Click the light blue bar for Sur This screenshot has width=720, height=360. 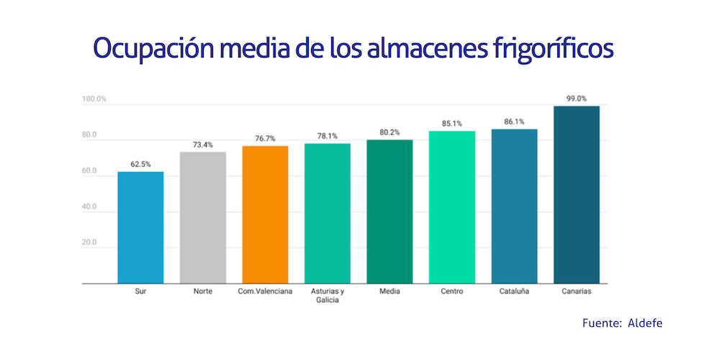pyautogui.click(x=140, y=228)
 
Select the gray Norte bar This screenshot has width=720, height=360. pyautogui.click(x=202, y=217)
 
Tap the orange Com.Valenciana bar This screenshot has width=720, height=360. pyautogui.click(x=265, y=215)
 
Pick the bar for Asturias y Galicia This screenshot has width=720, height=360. pyautogui.click(x=327, y=213)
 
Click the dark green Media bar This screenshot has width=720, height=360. pyautogui.click(x=390, y=212)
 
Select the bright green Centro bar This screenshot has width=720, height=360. pyautogui.click(x=451, y=207)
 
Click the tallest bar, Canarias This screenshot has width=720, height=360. pyautogui.click(x=576, y=194)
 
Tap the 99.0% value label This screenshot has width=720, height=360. pyautogui.click(x=576, y=99)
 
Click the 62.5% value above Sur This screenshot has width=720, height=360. pyautogui.click(x=140, y=164)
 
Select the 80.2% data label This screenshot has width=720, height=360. pyautogui.click(x=390, y=132)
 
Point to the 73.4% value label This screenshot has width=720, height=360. pyautogui.click(x=202, y=145)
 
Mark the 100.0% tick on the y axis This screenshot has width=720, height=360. pyautogui.click(x=94, y=99)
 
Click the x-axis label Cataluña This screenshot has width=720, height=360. pyautogui.click(x=514, y=292)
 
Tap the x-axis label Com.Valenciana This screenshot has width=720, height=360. pyautogui.click(x=265, y=292)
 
